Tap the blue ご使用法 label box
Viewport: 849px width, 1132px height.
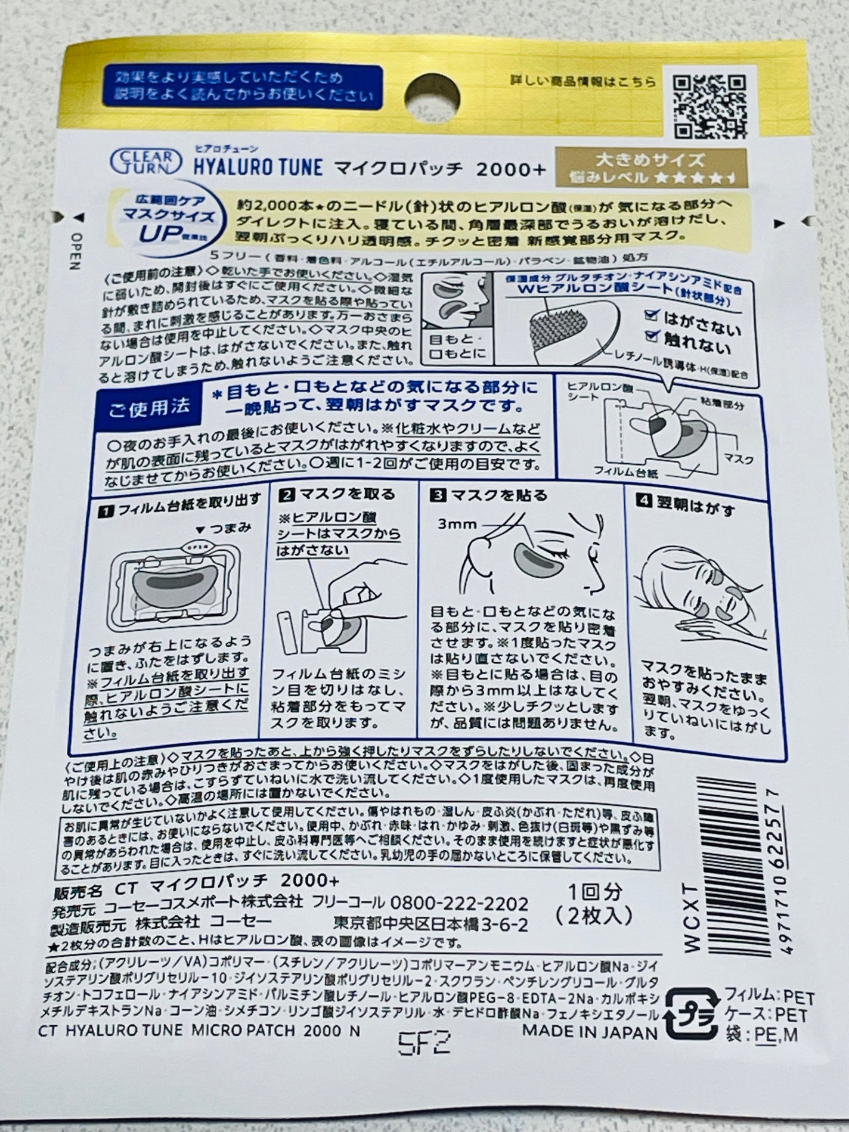[x=150, y=407]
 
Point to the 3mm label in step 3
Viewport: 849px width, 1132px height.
[x=457, y=524]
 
